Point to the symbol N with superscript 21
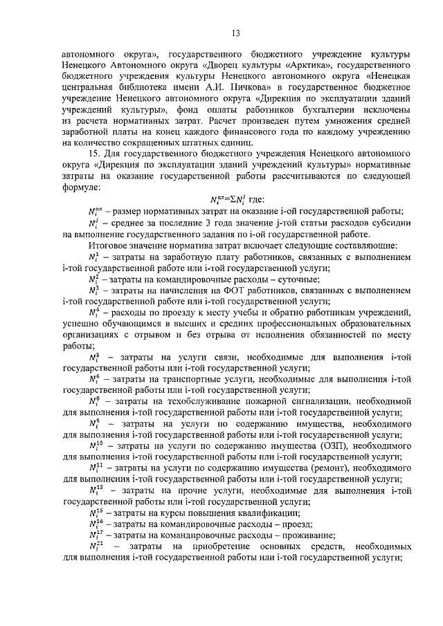pos(95,546)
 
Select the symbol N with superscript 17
pos(95,535)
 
